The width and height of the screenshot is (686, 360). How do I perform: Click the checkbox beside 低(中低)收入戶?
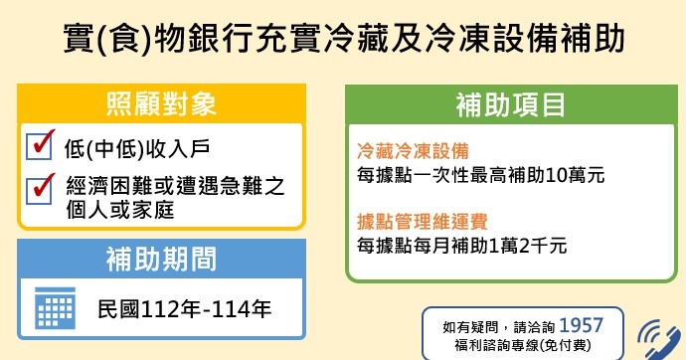(39, 145)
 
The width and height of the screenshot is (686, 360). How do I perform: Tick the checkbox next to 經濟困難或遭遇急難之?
(39, 190)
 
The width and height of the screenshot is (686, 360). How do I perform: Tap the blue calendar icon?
(55, 308)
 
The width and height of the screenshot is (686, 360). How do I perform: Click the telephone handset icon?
(661, 340)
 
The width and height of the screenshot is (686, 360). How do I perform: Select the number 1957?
(581, 326)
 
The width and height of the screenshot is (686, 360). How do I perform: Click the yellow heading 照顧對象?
(161, 104)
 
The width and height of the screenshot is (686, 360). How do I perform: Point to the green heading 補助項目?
(511, 105)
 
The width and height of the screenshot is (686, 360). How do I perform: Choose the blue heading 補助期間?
(161, 259)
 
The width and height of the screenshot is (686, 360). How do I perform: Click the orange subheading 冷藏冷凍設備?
(413, 151)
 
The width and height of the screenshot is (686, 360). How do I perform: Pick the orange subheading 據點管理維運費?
(423, 222)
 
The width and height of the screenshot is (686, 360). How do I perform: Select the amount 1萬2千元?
(528, 245)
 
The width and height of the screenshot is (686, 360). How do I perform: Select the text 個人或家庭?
(120, 210)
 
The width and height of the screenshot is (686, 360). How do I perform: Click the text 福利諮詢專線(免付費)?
(523, 345)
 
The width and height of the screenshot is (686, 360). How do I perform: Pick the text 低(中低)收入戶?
(137, 149)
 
